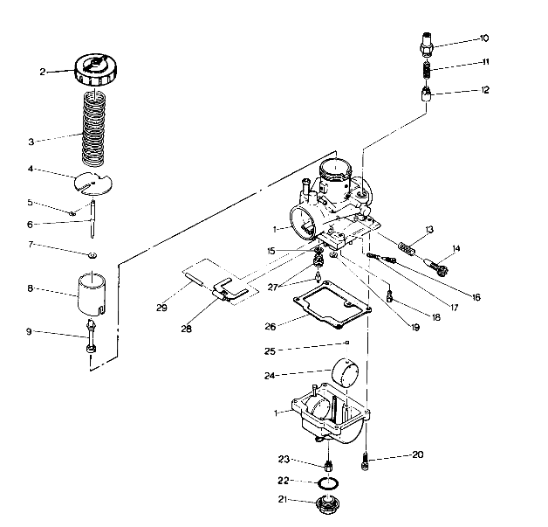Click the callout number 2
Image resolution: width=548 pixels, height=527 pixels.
click(66, 72)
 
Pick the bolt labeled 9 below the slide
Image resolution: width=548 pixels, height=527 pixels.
click(92, 336)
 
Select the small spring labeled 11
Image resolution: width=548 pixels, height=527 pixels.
click(425, 69)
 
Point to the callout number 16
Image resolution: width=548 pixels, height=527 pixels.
click(476, 297)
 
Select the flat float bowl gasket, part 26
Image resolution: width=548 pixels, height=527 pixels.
click(331, 309)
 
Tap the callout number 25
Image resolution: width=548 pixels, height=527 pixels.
click(271, 350)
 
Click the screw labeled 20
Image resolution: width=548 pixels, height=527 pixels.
click(366, 457)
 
